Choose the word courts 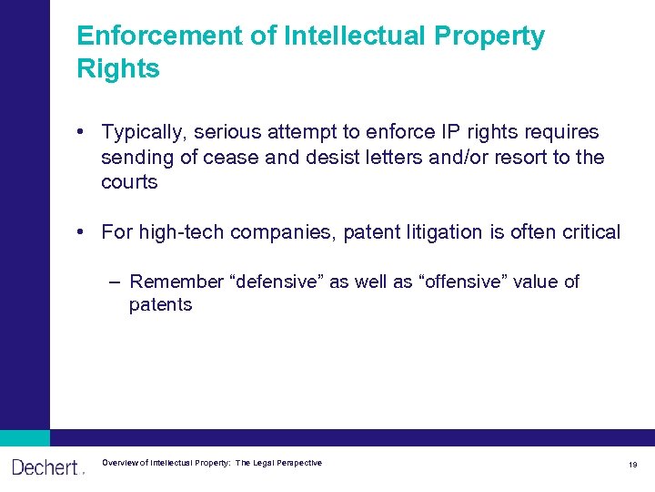pos(129,182)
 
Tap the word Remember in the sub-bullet pos(176,282)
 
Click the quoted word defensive pos(279,282)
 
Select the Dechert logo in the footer pos(45,467)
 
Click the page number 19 pos(632,465)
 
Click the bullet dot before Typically pos(82,133)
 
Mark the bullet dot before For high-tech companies pos(82,232)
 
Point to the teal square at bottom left pos(25,437)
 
